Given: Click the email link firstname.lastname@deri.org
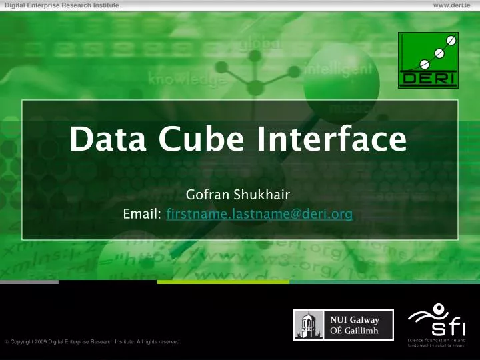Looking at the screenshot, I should [x=260, y=215].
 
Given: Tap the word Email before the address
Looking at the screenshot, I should [x=142, y=215].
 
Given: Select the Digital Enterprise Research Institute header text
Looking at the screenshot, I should [x=62, y=5].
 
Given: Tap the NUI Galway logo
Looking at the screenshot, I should [x=343, y=325].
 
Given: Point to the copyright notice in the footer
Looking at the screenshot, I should [x=94, y=342].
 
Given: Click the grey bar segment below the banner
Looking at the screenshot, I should [x=29, y=282].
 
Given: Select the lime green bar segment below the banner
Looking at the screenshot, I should [x=223, y=282].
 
